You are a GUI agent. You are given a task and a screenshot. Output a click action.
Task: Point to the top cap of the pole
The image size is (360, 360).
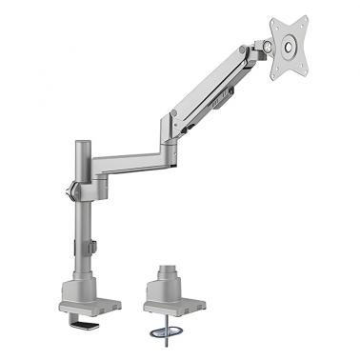[78, 146]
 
